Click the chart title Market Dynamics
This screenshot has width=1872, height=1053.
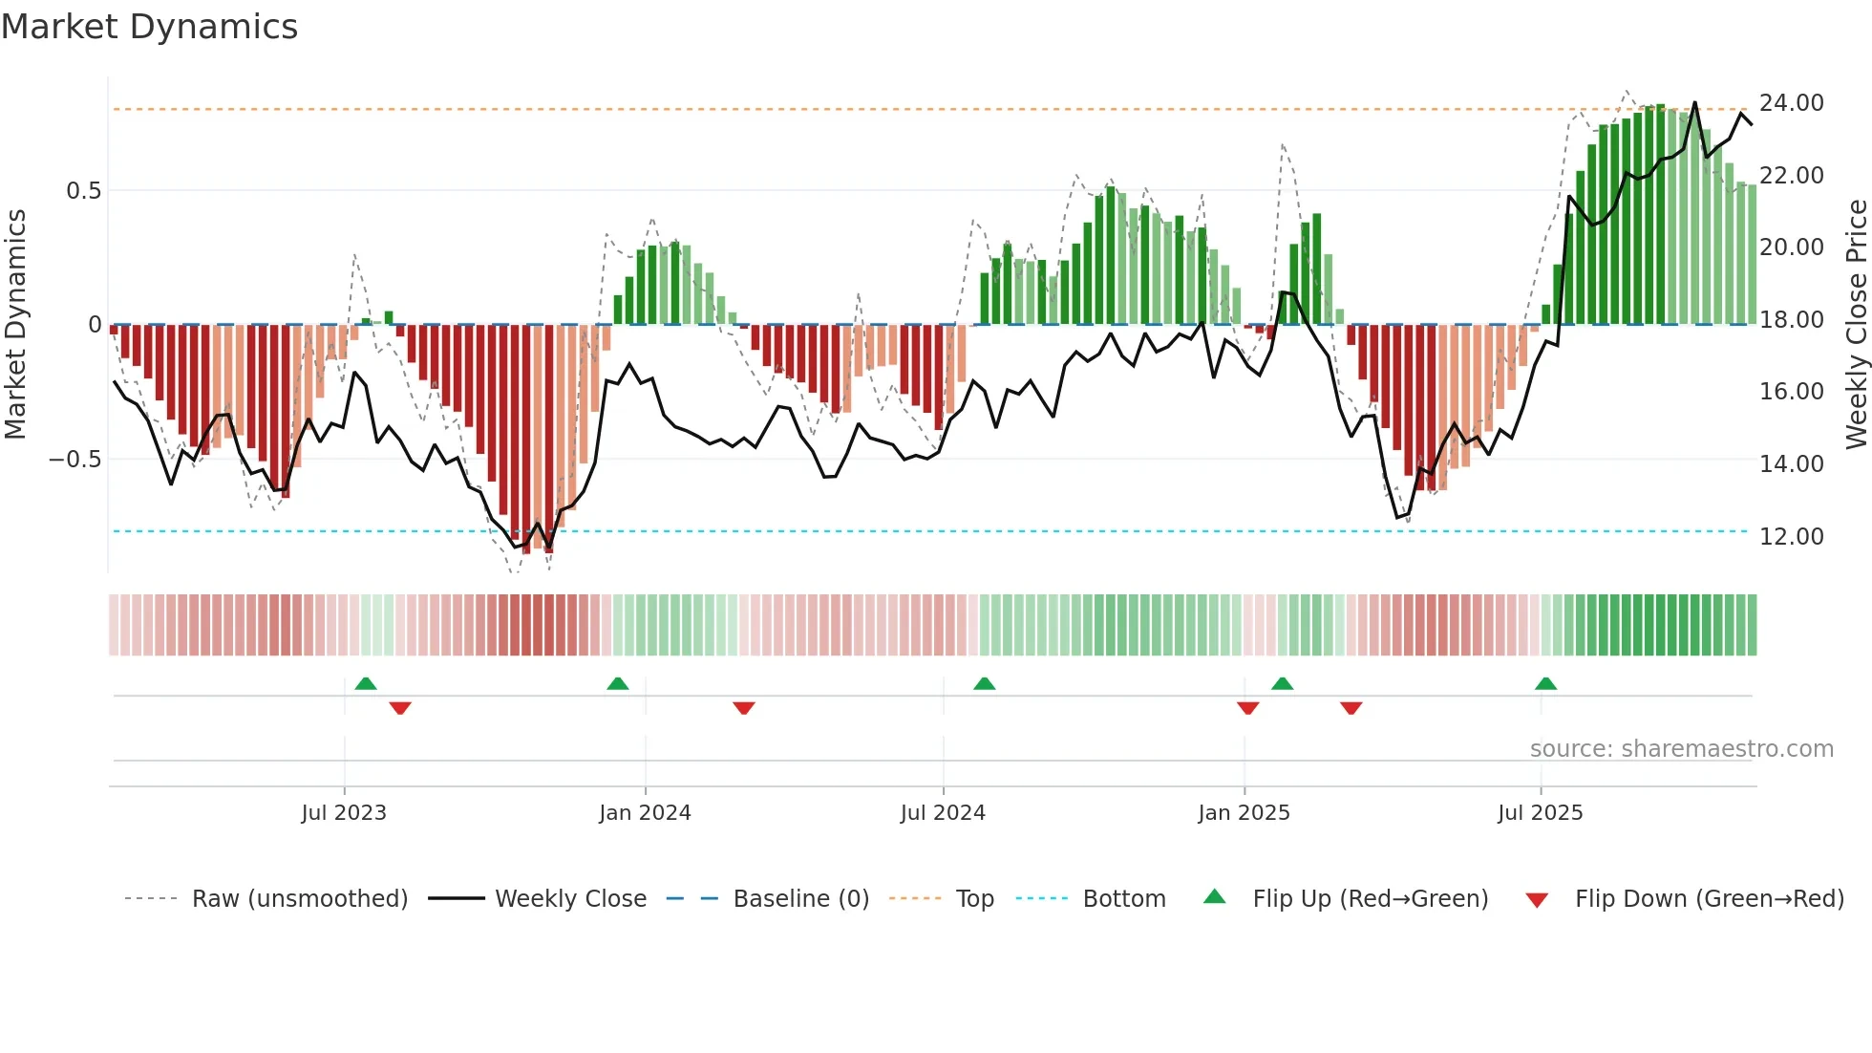point(149,27)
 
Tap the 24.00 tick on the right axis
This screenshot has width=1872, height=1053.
point(1791,103)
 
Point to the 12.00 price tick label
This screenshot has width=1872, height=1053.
point(1791,536)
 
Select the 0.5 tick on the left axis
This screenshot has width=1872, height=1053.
point(83,191)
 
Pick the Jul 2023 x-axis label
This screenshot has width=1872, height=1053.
point(343,813)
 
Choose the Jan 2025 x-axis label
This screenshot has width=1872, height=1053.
point(1244,813)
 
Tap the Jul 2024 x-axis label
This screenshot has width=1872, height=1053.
point(942,813)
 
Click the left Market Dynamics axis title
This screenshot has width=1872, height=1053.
point(15,325)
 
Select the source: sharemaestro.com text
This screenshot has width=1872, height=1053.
point(1681,749)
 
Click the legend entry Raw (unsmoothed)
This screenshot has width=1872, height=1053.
point(299,899)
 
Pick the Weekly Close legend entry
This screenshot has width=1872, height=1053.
point(570,899)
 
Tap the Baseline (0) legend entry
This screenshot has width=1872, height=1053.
point(800,899)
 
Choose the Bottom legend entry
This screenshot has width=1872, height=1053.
point(1123,899)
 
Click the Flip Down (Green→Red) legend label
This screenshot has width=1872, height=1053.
point(1709,899)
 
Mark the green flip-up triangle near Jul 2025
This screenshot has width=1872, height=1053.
point(1545,684)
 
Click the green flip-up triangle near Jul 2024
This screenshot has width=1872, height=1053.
point(984,684)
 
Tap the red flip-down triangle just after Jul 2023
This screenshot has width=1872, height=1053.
point(400,707)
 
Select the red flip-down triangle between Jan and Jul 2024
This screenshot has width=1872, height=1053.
point(744,707)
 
